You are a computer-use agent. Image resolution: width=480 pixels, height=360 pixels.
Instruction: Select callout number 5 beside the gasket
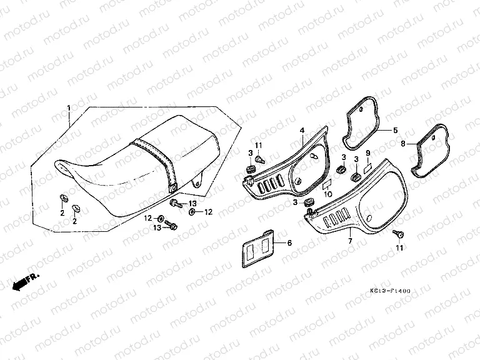tap(395, 131)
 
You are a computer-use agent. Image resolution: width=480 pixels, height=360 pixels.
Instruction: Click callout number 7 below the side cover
tap(350, 241)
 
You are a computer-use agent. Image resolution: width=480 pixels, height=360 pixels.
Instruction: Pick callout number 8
tap(403, 143)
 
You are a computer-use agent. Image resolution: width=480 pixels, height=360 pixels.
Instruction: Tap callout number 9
tap(368, 153)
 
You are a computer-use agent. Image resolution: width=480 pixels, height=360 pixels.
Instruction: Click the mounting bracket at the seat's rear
tap(198, 181)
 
